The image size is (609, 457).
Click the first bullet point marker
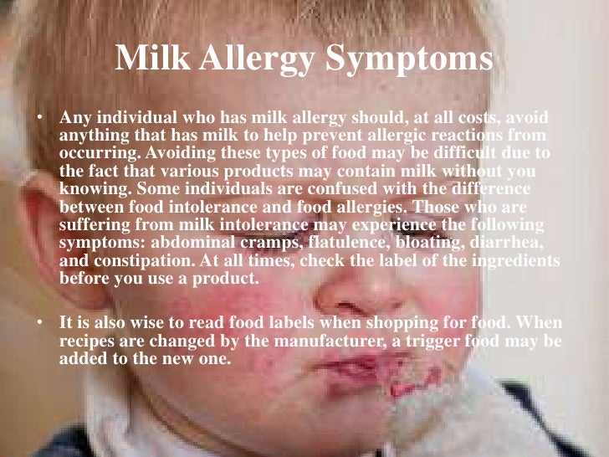38,117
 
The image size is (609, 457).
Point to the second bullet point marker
38,322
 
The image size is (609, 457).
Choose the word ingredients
512,261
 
